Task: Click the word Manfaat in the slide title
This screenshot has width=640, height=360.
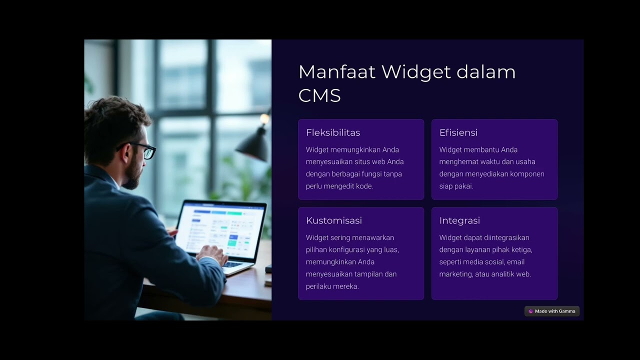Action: (x=336, y=72)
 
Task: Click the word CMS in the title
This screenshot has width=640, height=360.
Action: (x=319, y=95)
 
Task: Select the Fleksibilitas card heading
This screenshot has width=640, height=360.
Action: (x=333, y=132)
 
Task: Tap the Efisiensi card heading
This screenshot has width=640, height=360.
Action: (x=458, y=132)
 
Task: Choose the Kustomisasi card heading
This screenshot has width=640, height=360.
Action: (x=334, y=220)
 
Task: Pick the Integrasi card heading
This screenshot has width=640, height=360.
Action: (x=459, y=220)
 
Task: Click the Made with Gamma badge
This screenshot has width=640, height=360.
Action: (x=552, y=311)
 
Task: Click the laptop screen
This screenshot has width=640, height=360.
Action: (x=220, y=228)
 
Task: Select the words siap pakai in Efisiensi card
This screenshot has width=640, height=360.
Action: (x=456, y=186)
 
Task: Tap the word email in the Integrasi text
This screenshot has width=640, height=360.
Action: (x=515, y=262)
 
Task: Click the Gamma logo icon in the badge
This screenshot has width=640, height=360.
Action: (x=530, y=311)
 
